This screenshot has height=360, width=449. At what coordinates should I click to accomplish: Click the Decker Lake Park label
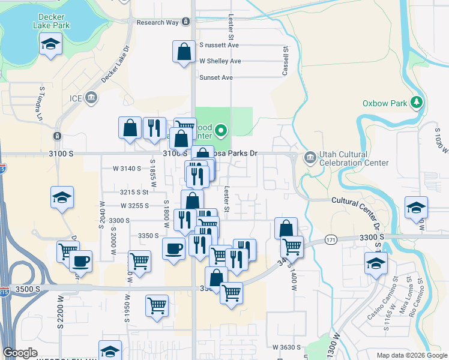(x=53, y=22)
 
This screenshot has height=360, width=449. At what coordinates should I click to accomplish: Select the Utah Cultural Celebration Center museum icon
(x=310, y=158)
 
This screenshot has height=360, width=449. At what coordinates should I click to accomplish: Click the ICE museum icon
(x=91, y=97)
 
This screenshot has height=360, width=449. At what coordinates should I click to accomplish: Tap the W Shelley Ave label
(x=220, y=61)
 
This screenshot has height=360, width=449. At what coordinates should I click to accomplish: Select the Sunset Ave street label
(x=215, y=77)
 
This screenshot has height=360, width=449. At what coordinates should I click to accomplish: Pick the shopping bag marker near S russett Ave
(x=184, y=52)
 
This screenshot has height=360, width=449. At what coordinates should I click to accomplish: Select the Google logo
(x=20, y=353)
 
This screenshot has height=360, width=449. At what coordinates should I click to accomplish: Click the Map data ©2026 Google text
(x=411, y=355)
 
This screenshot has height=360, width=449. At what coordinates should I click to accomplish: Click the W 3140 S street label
(x=127, y=169)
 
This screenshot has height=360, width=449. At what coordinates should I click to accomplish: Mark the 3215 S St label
(x=133, y=192)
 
